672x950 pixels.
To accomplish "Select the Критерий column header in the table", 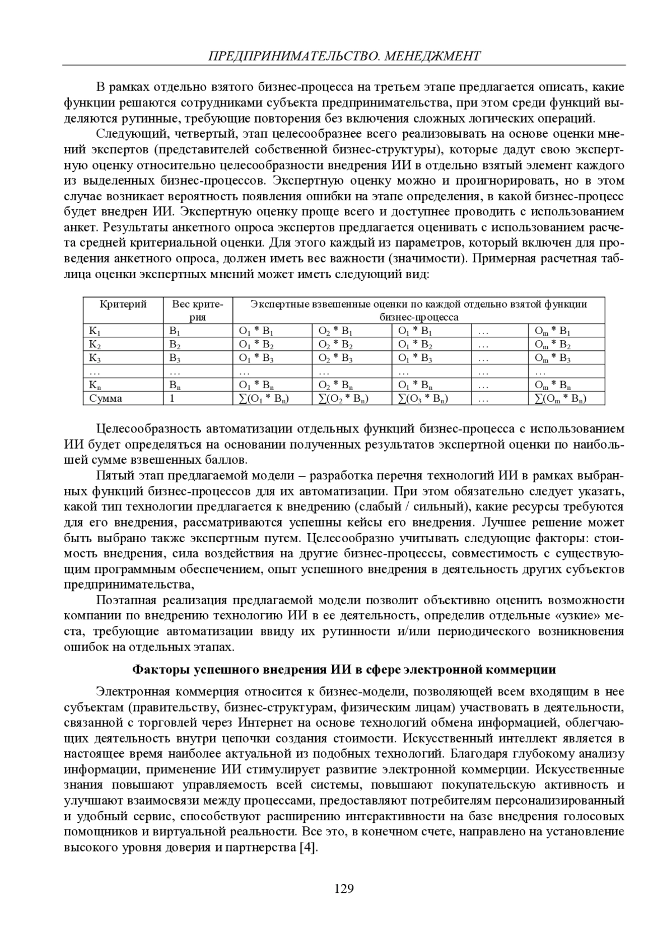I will point(123,304).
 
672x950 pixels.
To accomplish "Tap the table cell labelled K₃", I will point(95,358).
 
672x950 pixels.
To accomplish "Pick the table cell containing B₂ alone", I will point(175,345).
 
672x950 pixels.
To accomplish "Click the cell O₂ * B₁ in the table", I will point(335,331).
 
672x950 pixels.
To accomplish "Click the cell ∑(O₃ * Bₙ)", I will point(423,398).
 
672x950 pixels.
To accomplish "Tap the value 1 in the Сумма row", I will point(172,398).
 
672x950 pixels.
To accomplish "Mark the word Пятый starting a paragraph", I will point(114,476).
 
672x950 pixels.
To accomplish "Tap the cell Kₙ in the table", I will point(95,385).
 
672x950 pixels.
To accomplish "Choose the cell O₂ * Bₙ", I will point(335,385).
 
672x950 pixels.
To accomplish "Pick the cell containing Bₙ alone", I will point(175,385).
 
